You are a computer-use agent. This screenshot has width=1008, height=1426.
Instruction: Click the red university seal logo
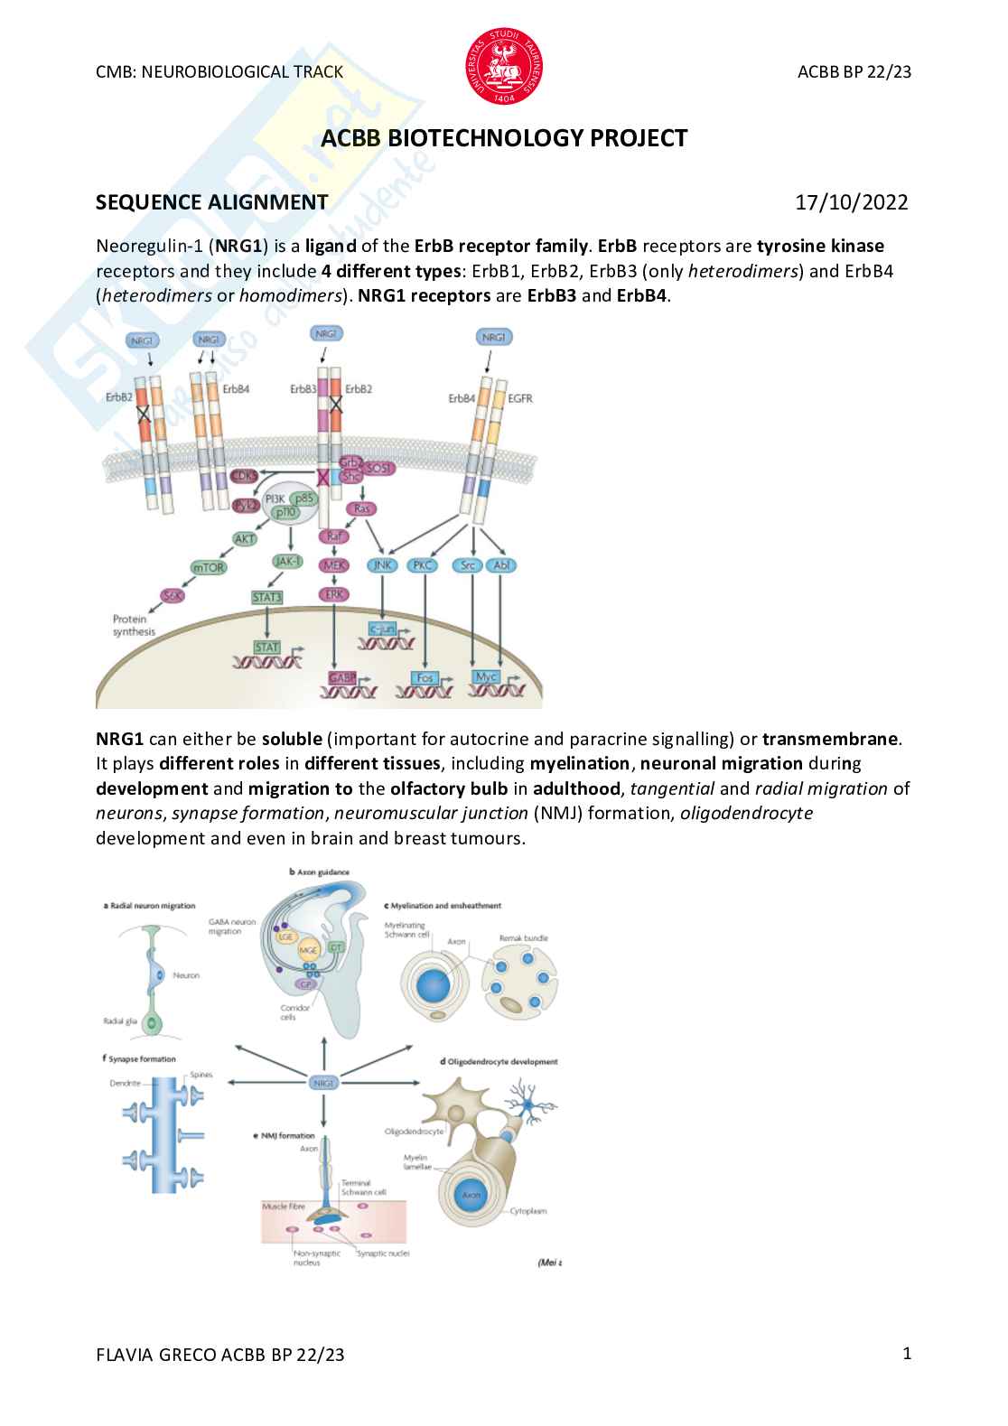504,65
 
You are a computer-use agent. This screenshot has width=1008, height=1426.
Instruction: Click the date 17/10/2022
851,202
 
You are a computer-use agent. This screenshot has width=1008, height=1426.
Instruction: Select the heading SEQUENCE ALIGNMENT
211,202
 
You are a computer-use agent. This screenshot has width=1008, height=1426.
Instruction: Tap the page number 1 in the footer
907,1353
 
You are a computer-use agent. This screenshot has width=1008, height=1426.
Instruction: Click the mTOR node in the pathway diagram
209,567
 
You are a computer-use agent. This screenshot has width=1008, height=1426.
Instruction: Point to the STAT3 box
267,597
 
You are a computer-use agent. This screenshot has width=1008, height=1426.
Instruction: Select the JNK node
383,565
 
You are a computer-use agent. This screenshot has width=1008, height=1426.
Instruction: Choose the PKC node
423,565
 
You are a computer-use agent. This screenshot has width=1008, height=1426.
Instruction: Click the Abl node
500,565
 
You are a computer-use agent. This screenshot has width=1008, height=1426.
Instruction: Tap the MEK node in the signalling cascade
334,565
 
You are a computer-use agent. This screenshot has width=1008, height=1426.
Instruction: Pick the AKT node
245,538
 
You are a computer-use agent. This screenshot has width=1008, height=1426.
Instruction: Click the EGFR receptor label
520,397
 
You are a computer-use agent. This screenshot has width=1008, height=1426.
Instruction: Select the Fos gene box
425,677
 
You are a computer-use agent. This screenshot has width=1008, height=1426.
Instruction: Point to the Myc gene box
486,676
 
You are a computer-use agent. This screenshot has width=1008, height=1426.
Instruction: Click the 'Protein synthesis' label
134,625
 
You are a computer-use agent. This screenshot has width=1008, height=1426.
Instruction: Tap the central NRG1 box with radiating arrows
323,1082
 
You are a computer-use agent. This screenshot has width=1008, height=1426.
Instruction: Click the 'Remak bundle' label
523,938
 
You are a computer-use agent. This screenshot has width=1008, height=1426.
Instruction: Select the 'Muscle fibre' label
284,1207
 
